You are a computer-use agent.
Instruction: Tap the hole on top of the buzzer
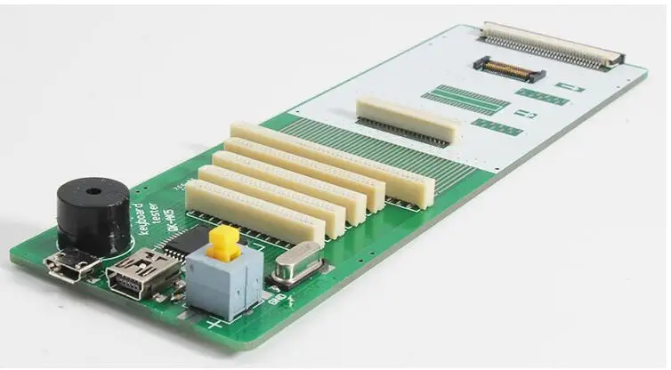pos(93,190)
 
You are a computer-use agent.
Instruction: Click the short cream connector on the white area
pos(408,120)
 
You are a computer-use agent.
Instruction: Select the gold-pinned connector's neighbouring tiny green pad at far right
pos(570,87)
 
